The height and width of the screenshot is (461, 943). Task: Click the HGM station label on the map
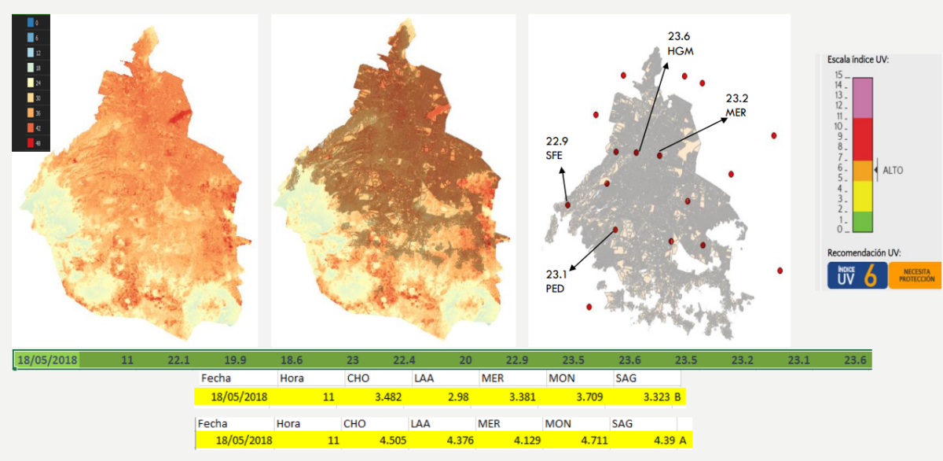[x=680, y=51]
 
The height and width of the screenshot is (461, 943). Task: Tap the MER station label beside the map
[x=736, y=112]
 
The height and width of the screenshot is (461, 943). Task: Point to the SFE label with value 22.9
[x=556, y=156]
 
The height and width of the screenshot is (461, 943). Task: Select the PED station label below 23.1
[x=556, y=289]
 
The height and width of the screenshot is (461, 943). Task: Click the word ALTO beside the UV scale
[x=892, y=169]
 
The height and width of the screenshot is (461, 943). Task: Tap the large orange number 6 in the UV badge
[x=870, y=276]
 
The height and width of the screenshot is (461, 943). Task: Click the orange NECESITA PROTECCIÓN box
[x=915, y=276]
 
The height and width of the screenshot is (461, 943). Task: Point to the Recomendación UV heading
[x=864, y=253]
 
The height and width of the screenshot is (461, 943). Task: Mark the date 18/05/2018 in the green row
[x=48, y=360]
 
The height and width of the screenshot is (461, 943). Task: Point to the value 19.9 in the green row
[x=234, y=360]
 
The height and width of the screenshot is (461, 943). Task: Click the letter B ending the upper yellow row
[x=678, y=397]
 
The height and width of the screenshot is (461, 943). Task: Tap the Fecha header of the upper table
[x=216, y=378]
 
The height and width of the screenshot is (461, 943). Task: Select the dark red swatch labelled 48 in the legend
[x=31, y=142]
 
